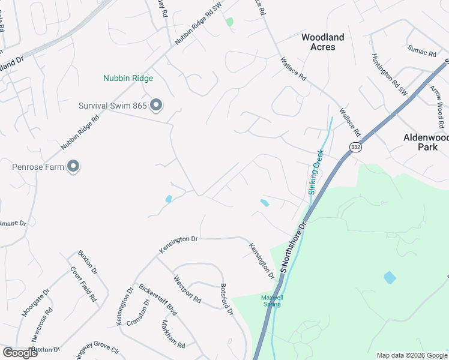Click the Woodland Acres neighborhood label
coord(322,42)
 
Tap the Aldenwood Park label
coord(426,142)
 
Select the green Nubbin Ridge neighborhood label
coord(128,79)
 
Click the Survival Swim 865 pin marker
coord(156,106)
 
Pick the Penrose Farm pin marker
coord(73,166)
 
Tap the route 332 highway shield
coord(355,148)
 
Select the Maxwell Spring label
coord(271,301)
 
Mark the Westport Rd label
coord(187,289)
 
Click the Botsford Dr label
coord(226,299)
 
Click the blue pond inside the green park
coord(390,278)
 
